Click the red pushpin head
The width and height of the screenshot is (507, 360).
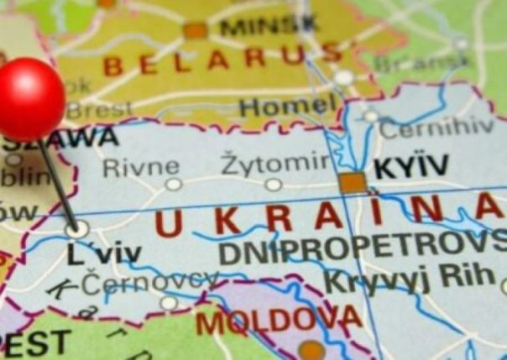click(32, 99)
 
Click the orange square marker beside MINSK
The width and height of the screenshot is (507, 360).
click(196, 31)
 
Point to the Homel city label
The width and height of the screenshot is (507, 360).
click(287, 107)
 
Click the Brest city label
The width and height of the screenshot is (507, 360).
click(98, 110)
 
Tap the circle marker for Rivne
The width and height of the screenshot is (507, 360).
click(173, 184)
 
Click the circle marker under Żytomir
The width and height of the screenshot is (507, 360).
click(273, 185)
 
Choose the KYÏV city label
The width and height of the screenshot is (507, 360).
click(412, 167)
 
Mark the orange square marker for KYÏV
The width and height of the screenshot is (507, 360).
click(353, 182)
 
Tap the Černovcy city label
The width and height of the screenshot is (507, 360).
click(150, 282)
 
